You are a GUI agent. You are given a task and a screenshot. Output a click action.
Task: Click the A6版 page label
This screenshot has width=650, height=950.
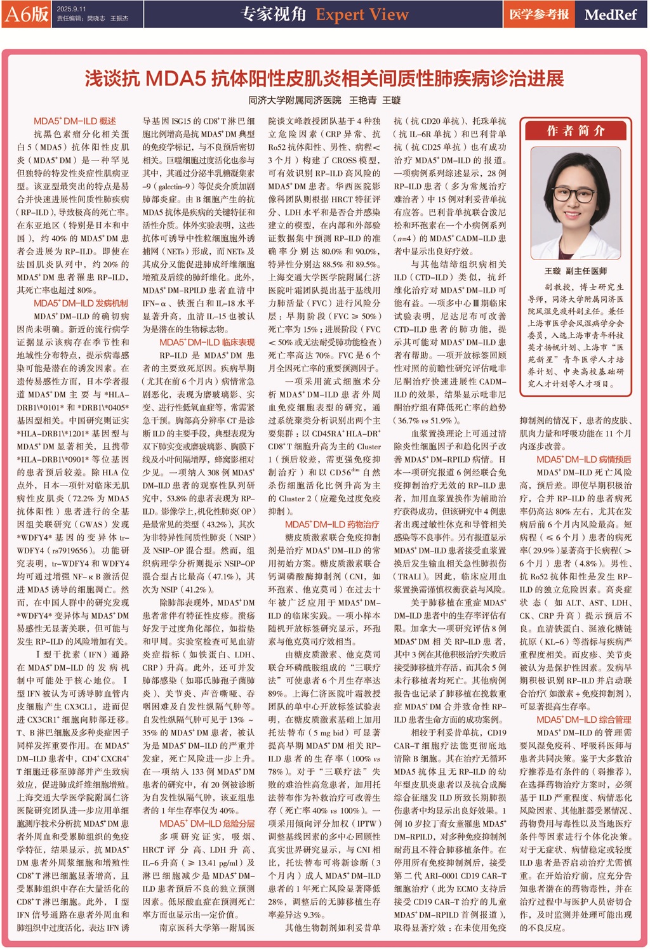coord(27,14)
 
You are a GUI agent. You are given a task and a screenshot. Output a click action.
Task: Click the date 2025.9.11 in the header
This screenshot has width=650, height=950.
coord(71,10)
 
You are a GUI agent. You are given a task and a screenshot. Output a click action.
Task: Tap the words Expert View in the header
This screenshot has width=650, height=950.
coord(362,14)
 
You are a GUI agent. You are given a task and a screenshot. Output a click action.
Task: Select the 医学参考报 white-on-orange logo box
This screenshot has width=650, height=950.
coord(539,14)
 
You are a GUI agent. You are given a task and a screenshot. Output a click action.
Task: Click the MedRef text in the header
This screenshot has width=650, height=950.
coord(610,14)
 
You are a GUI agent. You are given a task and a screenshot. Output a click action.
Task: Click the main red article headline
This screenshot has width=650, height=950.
coord(324,79)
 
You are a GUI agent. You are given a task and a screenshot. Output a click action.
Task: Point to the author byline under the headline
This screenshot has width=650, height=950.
coord(324,100)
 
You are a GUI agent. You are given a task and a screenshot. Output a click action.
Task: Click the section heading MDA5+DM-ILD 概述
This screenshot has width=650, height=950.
coord(75,121)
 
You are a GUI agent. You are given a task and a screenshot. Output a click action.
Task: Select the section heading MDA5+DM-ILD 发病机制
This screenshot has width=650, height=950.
coord(81,303)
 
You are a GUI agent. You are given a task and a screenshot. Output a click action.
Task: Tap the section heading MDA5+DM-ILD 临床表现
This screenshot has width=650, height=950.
coord(207,342)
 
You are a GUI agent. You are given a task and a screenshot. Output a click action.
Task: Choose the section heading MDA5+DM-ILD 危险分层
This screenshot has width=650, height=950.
coord(207,824)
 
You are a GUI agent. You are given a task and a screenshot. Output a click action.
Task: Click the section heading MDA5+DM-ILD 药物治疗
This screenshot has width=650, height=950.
coord(332,524)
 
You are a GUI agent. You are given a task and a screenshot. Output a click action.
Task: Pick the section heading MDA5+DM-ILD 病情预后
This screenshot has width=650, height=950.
coord(583,459)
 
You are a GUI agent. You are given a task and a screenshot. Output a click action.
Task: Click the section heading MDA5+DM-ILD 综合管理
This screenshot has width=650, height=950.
coord(583,720)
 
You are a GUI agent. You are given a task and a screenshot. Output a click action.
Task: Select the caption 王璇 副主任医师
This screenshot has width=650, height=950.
coord(576,271)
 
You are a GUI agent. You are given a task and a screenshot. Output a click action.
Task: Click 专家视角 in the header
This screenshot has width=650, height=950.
coord(274,14)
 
